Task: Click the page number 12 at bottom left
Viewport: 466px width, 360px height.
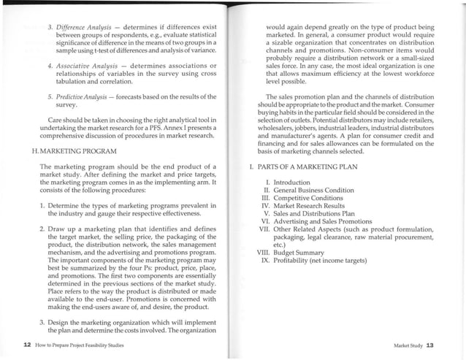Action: pos(26,343)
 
